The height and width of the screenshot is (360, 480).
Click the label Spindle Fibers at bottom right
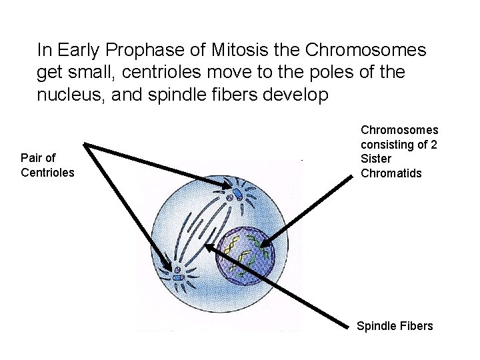pyautogui.click(x=395, y=326)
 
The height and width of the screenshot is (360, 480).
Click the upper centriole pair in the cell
pyautogui.click(x=237, y=194)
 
